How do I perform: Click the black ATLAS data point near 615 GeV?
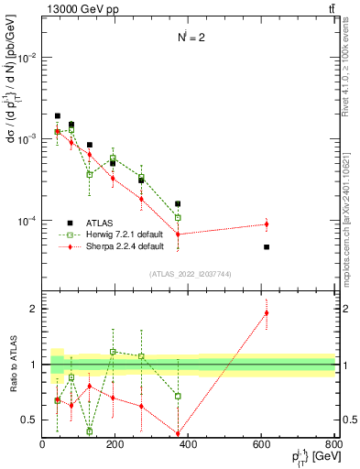click(267, 247)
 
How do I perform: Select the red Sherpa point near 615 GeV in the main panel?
click(267, 224)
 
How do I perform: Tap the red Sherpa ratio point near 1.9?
click(267, 312)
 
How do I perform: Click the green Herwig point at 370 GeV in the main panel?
click(178, 218)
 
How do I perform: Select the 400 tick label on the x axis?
click(188, 444)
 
